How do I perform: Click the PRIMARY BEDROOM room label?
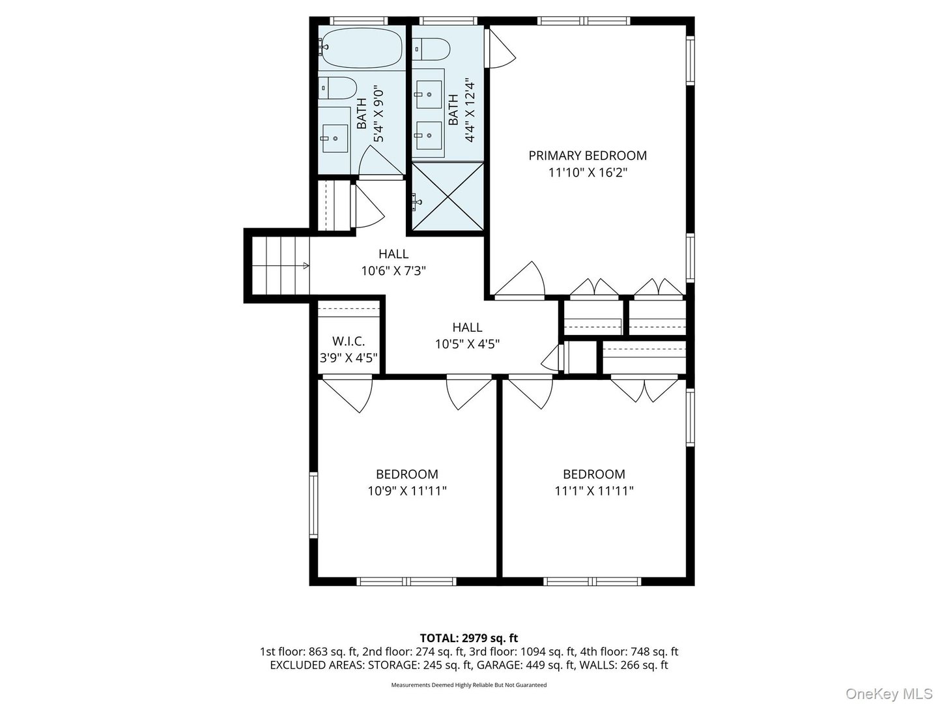point(587,156)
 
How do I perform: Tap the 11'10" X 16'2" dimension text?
point(587,173)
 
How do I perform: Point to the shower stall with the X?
point(447,196)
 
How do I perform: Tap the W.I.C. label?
point(348,341)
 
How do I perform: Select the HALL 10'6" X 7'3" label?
point(393,262)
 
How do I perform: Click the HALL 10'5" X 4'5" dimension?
point(467,344)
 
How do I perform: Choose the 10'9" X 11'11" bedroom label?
point(406,483)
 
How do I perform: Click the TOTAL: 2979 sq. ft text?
point(468,638)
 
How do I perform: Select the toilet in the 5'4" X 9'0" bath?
point(337,87)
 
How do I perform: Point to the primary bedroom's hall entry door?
point(520,280)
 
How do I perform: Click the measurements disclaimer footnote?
point(468,685)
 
